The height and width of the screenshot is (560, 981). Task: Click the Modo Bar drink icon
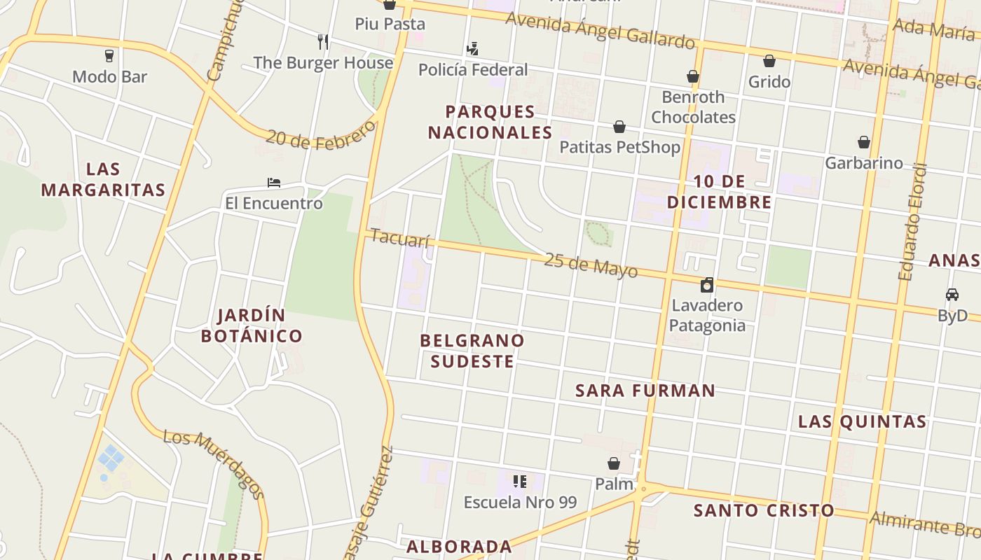click(109, 56)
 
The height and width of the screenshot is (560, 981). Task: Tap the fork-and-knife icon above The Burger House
click(323, 42)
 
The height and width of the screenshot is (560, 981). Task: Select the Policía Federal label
click(472, 69)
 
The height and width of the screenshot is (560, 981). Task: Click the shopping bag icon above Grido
click(769, 62)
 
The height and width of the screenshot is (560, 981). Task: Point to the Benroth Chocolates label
click(693, 106)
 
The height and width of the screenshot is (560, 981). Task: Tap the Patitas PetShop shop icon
click(619, 127)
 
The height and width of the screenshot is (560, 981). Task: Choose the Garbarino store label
click(863, 163)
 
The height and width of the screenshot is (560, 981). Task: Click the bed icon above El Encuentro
click(274, 183)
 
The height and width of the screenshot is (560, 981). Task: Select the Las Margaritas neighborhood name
click(103, 179)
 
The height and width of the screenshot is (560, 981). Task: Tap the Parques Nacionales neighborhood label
click(490, 122)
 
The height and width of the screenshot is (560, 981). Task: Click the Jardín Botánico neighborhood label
click(252, 325)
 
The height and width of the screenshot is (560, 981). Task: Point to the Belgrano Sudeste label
click(472, 351)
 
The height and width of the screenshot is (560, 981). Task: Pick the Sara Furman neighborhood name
click(645, 391)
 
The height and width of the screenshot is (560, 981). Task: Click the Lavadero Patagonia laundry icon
click(707, 285)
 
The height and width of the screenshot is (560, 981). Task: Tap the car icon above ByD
click(952, 295)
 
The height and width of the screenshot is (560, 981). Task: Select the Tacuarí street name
click(399, 238)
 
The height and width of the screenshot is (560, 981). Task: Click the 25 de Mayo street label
click(591, 265)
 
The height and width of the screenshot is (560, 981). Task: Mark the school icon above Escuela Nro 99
click(520, 481)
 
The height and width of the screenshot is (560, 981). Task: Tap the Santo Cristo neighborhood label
click(764, 510)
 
